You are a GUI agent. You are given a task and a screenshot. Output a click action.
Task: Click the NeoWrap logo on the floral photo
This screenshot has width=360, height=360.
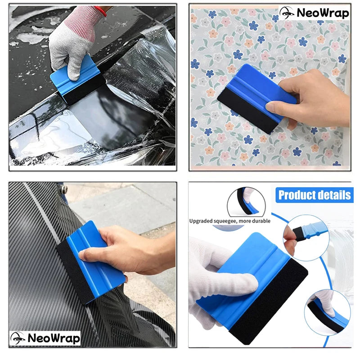coord(314,13)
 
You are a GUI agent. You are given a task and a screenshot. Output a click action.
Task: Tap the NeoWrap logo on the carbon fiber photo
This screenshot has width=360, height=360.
coord(45,338)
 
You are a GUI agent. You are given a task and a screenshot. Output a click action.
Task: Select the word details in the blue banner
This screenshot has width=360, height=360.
coord(333,195)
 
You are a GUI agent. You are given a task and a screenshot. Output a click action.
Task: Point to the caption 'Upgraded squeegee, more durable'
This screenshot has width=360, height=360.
coord(229,221)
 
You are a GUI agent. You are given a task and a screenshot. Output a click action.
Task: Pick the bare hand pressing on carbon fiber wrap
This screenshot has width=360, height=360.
coord(130,252)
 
